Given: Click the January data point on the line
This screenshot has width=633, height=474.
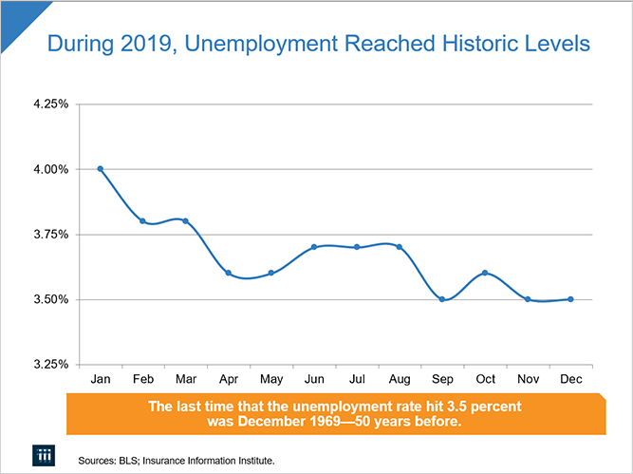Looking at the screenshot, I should pyautogui.click(x=100, y=169).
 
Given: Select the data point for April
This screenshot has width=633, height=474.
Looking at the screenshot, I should pyautogui.click(x=228, y=274).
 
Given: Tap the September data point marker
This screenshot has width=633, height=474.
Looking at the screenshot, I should pyautogui.click(x=442, y=299).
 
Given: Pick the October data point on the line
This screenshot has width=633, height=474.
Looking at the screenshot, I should pyautogui.click(x=485, y=274).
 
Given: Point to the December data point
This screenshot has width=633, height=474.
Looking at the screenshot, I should pyautogui.click(x=570, y=299).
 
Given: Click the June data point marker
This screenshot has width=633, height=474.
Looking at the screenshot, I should pyautogui.click(x=314, y=247).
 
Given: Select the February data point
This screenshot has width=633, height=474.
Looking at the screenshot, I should pyautogui.click(x=142, y=221).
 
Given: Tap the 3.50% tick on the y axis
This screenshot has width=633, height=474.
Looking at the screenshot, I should pyautogui.click(x=50, y=299).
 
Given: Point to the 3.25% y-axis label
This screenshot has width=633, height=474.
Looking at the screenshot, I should pyautogui.click(x=50, y=364).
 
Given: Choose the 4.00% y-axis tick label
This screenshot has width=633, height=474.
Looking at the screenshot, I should pyautogui.click(x=50, y=169).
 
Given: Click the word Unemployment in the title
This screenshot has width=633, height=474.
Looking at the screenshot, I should pyautogui.click(x=282, y=45).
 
